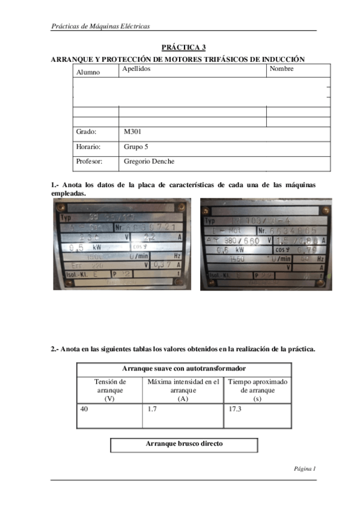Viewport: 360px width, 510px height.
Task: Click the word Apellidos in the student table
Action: coord(136,69)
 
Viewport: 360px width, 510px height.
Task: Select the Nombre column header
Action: coord(282,69)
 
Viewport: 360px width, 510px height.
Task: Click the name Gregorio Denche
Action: coord(149,161)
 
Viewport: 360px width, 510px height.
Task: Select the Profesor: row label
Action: coord(90,161)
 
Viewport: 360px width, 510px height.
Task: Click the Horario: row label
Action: coord(88,146)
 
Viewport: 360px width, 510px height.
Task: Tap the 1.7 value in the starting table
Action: coord(153,409)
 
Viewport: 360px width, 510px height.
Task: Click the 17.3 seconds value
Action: coord(235,409)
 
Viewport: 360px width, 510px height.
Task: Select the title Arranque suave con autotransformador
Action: coord(184,368)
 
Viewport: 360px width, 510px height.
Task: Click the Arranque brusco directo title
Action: coord(184,444)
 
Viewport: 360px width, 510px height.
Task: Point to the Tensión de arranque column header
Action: coord(109,390)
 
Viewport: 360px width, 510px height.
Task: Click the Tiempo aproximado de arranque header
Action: coord(258,390)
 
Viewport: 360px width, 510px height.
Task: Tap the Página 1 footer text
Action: coord(305,468)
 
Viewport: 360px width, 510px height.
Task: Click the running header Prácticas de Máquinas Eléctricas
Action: coord(100,26)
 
